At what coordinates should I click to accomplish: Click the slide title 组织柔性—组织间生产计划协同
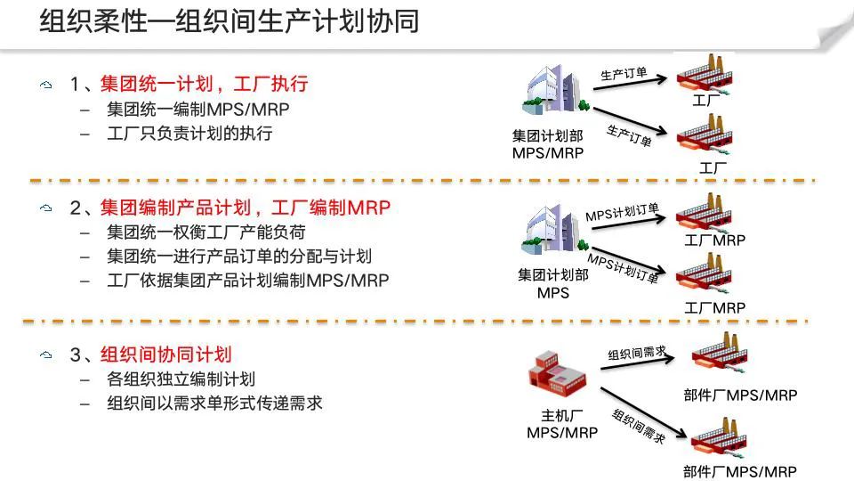(x=230, y=22)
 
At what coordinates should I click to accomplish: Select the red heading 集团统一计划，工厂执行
(x=204, y=85)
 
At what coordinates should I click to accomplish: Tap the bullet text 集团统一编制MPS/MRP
(x=197, y=110)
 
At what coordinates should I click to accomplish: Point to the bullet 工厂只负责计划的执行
(x=189, y=135)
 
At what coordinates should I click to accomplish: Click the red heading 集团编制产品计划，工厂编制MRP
(x=246, y=208)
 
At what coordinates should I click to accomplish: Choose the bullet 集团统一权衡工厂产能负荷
(x=205, y=232)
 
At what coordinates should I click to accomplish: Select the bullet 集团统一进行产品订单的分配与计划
(x=238, y=257)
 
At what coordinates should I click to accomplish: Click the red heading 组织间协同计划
(x=166, y=355)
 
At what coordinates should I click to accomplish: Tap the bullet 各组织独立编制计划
(x=181, y=379)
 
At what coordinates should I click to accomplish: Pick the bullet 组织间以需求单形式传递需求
(x=213, y=404)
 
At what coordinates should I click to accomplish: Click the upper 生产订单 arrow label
(x=624, y=75)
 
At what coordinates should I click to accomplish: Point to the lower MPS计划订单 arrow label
(x=623, y=269)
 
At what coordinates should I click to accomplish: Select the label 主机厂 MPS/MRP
(x=562, y=424)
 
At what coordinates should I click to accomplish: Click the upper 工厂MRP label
(x=714, y=240)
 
